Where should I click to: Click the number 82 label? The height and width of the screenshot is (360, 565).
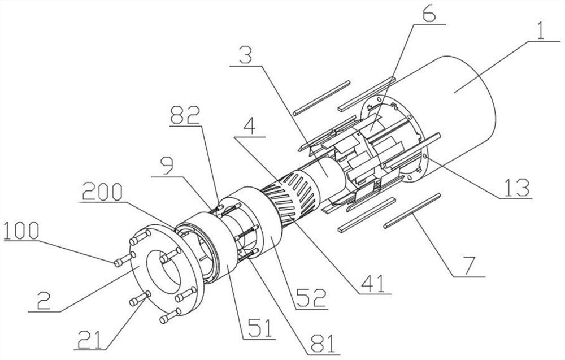185,115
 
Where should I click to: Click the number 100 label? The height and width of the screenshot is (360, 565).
21,231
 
